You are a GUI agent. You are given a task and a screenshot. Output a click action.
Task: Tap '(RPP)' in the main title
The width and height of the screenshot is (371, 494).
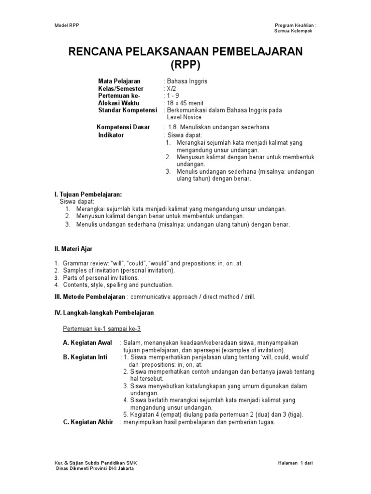click(185, 65)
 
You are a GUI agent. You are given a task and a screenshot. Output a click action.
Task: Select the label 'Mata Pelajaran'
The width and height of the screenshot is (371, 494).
click(118, 82)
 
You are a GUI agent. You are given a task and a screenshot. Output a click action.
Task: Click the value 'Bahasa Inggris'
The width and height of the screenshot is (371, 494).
click(187, 82)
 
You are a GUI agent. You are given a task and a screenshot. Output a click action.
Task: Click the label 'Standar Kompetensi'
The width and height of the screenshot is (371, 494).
click(128, 110)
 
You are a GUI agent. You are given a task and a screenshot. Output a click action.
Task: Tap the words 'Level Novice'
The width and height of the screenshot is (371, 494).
click(184, 117)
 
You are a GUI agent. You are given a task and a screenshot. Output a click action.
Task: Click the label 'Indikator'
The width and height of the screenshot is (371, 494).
click(111, 135)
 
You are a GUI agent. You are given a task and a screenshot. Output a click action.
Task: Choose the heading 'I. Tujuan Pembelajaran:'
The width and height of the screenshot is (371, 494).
click(88, 194)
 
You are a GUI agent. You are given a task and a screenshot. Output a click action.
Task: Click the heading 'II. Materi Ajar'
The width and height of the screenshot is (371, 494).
click(73, 249)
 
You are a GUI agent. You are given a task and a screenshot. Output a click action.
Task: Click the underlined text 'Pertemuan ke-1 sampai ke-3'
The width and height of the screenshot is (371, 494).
click(102, 329)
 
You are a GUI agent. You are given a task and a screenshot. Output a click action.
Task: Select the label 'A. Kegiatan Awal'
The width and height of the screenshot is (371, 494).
click(87, 343)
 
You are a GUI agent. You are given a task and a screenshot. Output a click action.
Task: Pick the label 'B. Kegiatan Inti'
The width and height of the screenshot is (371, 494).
click(86, 357)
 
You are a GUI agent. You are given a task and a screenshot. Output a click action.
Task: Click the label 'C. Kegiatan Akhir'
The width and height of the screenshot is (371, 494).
click(88, 422)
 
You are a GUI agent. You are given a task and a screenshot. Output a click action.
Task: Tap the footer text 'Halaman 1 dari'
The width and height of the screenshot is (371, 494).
click(296, 463)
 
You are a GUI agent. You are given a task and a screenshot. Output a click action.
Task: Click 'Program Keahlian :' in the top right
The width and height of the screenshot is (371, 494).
click(296, 25)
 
